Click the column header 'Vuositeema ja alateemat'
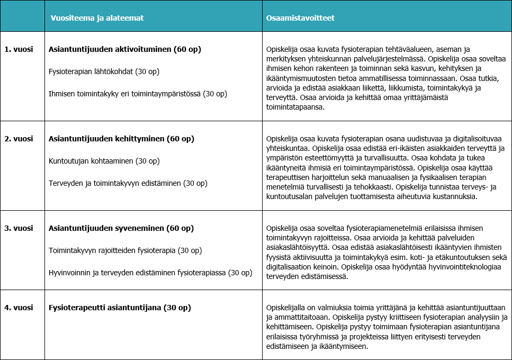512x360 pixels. [x=97, y=18]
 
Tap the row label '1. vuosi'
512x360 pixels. [x=19, y=49]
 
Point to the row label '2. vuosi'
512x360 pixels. [x=19, y=139]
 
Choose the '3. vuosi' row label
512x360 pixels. [x=19, y=228]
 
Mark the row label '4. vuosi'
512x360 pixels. [x=19, y=307]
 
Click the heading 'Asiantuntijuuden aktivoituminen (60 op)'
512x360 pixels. [x=125, y=49]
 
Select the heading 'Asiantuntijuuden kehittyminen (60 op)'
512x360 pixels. [x=121, y=139]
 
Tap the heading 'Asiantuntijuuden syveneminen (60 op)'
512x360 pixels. [x=121, y=228]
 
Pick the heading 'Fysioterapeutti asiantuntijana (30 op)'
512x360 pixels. [x=120, y=307]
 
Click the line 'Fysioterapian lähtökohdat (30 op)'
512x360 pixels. [x=104, y=71]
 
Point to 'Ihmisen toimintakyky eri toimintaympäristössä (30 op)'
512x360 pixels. [x=138, y=94]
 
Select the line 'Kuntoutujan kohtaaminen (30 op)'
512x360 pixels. [x=104, y=161]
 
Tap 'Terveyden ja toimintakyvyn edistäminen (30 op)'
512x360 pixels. [x=128, y=183]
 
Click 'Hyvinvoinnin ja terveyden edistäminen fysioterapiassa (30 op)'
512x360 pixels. [x=150, y=273]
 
